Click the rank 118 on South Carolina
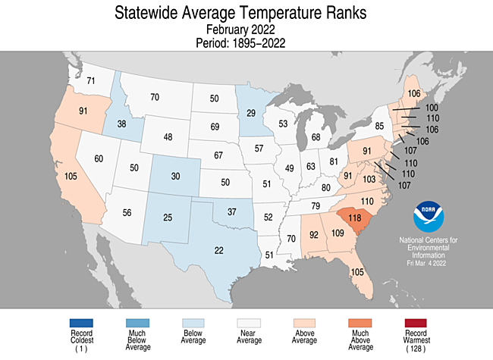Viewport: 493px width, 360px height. pyautogui.click(x=354, y=217)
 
